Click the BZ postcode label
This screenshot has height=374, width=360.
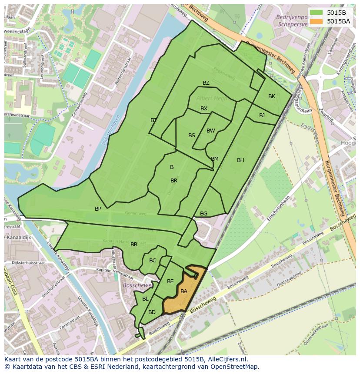tap(206, 83)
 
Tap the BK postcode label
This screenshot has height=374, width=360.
tap(272, 96)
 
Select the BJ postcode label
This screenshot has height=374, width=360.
tap(262, 116)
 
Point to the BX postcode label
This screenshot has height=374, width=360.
tap(204, 109)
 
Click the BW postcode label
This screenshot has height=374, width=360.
tap(211, 131)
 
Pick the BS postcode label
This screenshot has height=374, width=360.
tap(192, 136)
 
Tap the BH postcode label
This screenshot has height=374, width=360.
tap(240, 160)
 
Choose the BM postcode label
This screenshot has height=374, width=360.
tap(215, 159)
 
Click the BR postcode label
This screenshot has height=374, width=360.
tap(174, 181)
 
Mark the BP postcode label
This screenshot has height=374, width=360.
tap(98, 209)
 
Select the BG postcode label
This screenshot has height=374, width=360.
tap(204, 214)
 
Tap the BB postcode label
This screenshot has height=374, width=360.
tap(134, 245)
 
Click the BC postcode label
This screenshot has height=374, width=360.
tap(153, 261)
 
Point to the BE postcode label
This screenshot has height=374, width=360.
tap(170, 281)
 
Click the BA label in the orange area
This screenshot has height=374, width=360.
tap(184, 291)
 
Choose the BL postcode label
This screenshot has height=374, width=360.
tap(145, 299)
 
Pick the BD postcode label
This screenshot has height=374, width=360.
tap(152, 312)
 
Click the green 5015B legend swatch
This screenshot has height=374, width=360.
tap(316, 13)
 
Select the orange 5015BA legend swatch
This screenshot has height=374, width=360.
tap(316, 21)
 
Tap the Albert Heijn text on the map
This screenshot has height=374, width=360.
tap(212, 99)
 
